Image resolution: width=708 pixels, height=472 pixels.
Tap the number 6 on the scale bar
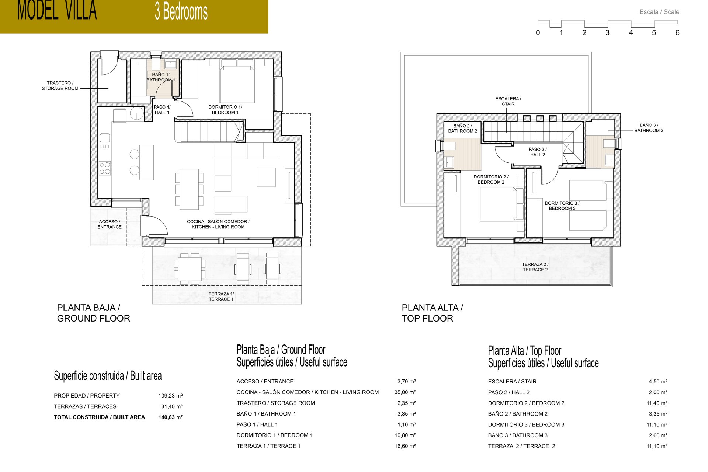(x=677, y=33)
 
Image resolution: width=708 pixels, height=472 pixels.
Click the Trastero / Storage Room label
(x=60, y=86)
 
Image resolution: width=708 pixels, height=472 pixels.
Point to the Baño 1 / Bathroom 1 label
(x=161, y=77)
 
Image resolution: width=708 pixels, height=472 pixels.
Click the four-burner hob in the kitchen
(x=105, y=168)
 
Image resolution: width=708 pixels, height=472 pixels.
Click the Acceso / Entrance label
(x=110, y=224)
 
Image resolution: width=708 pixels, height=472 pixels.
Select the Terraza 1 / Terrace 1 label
(x=221, y=296)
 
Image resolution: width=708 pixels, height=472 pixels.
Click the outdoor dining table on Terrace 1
(x=190, y=268)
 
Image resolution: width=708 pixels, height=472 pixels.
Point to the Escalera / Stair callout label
(x=508, y=101)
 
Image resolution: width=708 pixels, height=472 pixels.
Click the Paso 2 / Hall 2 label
(x=537, y=152)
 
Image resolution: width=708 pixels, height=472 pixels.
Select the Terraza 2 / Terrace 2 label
(x=535, y=267)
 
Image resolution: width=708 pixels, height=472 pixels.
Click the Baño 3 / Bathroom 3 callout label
(x=649, y=128)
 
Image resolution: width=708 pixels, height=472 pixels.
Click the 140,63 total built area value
(x=166, y=417)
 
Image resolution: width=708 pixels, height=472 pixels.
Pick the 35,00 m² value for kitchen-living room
(x=405, y=392)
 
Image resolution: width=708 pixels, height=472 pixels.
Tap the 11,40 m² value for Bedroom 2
(x=657, y=403)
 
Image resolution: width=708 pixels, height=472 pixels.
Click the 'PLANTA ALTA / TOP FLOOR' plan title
(x=432, y=313)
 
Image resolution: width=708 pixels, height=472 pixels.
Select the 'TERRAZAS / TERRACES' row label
(x=85, y=406)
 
